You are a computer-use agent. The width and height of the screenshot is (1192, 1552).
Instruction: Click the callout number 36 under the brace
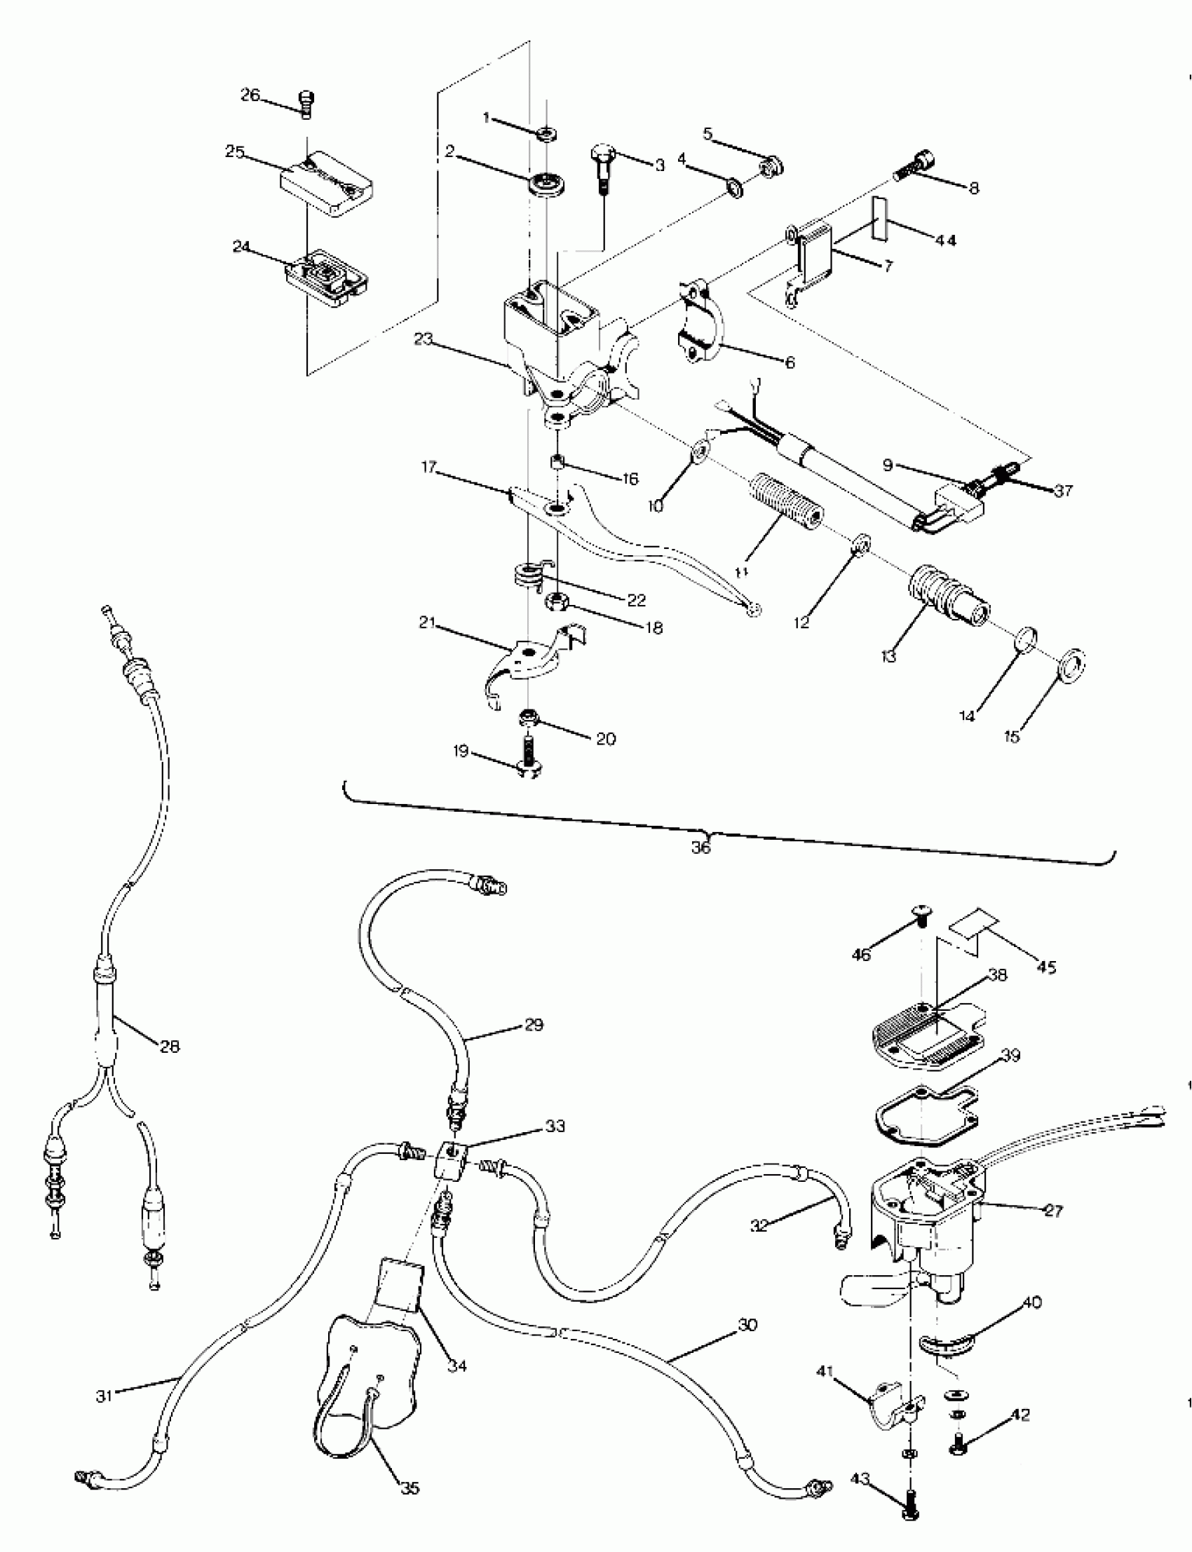coord(700,846)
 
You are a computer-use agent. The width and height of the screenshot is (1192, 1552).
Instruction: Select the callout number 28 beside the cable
coord(170,1046)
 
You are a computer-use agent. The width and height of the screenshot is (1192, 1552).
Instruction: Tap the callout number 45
coord(1047,967)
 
